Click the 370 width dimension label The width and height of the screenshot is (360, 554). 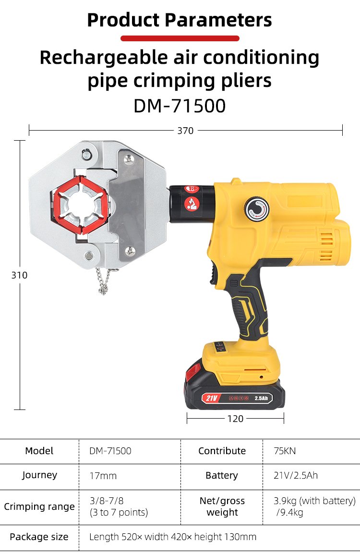(185, 131)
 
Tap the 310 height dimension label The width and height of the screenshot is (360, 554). (19, 275)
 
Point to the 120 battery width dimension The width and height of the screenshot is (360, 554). (235, 419)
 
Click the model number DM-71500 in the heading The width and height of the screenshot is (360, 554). (180, 106)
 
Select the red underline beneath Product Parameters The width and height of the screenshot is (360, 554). (180, 38)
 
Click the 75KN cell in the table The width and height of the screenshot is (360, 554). (285, 451)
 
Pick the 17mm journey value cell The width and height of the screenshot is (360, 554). (103, 476)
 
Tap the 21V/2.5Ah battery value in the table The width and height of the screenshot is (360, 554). (296, 475)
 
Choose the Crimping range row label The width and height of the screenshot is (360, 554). (39, 506)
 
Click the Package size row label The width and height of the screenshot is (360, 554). (39, 537)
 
